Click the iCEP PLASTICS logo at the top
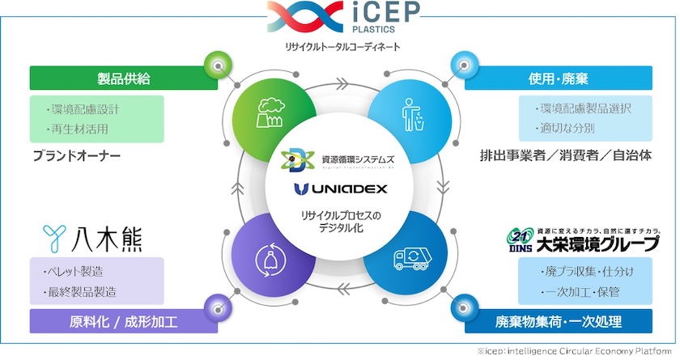click(x=340, y=19)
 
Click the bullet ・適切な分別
click(x=567, y=128)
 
